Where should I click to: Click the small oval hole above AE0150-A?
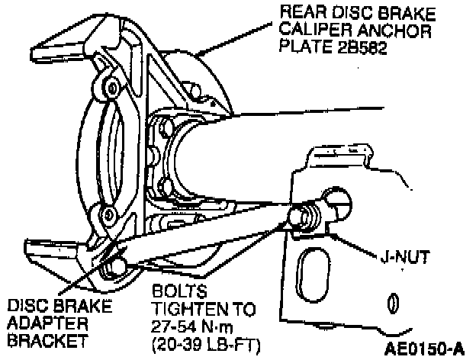392,304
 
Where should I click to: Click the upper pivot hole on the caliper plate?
110,86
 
